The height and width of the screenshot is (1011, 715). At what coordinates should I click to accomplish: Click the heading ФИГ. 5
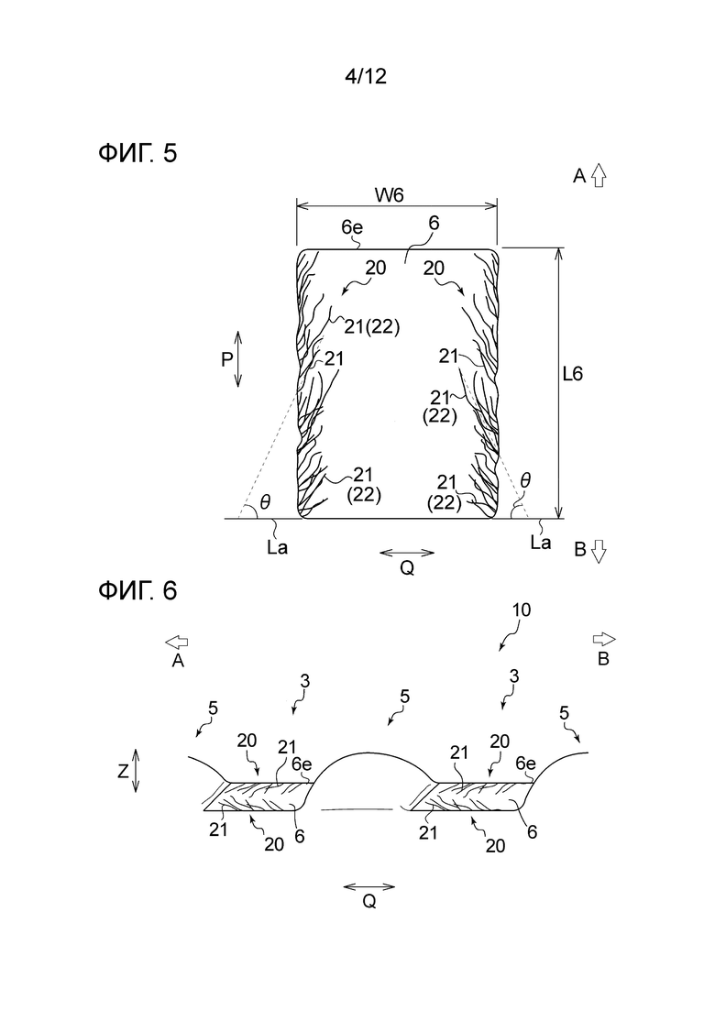[x=137, y=153]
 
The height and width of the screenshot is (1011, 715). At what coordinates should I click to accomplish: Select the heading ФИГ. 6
[x=137, y=591]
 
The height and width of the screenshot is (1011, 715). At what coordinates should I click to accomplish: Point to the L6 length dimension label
[x=574, y=374]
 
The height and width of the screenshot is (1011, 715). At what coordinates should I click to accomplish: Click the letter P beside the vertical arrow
[x=225, y=360]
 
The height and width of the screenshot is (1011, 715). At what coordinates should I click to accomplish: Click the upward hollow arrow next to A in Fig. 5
[x=599, y=176]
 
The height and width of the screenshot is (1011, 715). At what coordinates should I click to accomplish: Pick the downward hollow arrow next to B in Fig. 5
[x=599, y=552]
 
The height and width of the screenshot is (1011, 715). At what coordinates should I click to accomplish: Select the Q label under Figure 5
[x=407, y=568]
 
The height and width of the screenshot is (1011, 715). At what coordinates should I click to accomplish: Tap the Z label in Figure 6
[x=123, y=772]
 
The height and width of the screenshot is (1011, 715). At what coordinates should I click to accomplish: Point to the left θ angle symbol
[x=264, y=501]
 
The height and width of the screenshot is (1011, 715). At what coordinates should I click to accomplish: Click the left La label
[x=273, y=542]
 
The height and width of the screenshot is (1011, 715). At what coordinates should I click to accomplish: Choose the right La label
[x=541, y=542]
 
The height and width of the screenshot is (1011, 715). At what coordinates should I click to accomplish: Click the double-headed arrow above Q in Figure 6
[x=368, y=886]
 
